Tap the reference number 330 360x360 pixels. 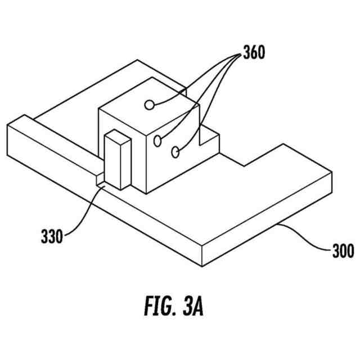point(51,235)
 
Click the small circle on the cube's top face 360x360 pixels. point(149,104)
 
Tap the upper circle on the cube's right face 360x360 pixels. point(158,140)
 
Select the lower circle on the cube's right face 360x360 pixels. point(175,151)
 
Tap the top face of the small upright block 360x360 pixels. point(118,136)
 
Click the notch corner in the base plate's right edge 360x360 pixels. point(243,165)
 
